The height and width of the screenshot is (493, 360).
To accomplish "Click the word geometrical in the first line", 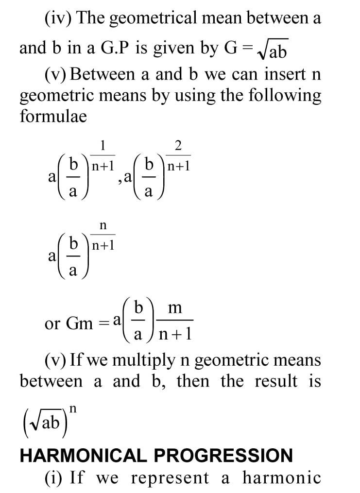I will (x=151, y=18).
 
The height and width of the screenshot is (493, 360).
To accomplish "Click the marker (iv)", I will (x=59, y=18).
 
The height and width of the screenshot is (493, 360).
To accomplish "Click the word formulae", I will (x=53, y=117).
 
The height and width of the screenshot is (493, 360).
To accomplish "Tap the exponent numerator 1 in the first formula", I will (x=103, y=145).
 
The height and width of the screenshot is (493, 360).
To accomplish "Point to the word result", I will (x=276, y=381).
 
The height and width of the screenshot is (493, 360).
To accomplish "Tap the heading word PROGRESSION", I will (x=223, y=455).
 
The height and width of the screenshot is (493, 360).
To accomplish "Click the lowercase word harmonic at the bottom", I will (x=282, y=478).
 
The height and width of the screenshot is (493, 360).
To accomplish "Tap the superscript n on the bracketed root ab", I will (x=73, y=409).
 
